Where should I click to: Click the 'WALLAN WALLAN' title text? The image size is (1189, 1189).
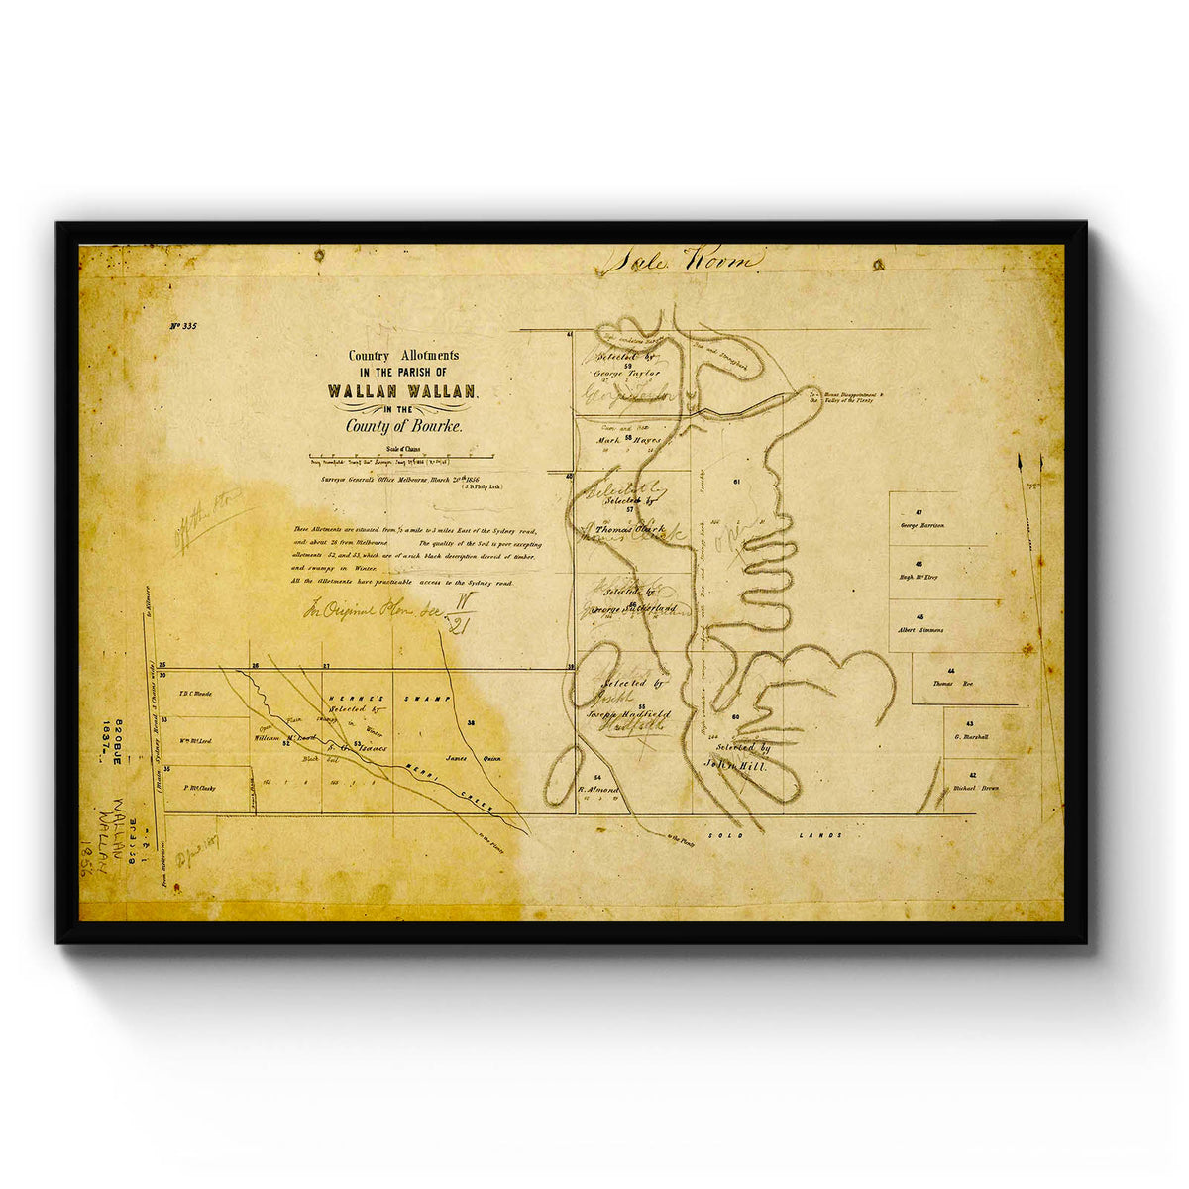(401, 390)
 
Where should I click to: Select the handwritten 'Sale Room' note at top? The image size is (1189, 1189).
(682, 261)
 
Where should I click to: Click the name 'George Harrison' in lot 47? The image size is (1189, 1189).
(923, 524)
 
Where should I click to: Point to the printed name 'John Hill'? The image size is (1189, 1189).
(737, 765)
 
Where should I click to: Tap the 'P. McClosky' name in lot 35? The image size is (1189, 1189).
(199, 789)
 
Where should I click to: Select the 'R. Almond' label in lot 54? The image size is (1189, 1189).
(598, 790)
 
